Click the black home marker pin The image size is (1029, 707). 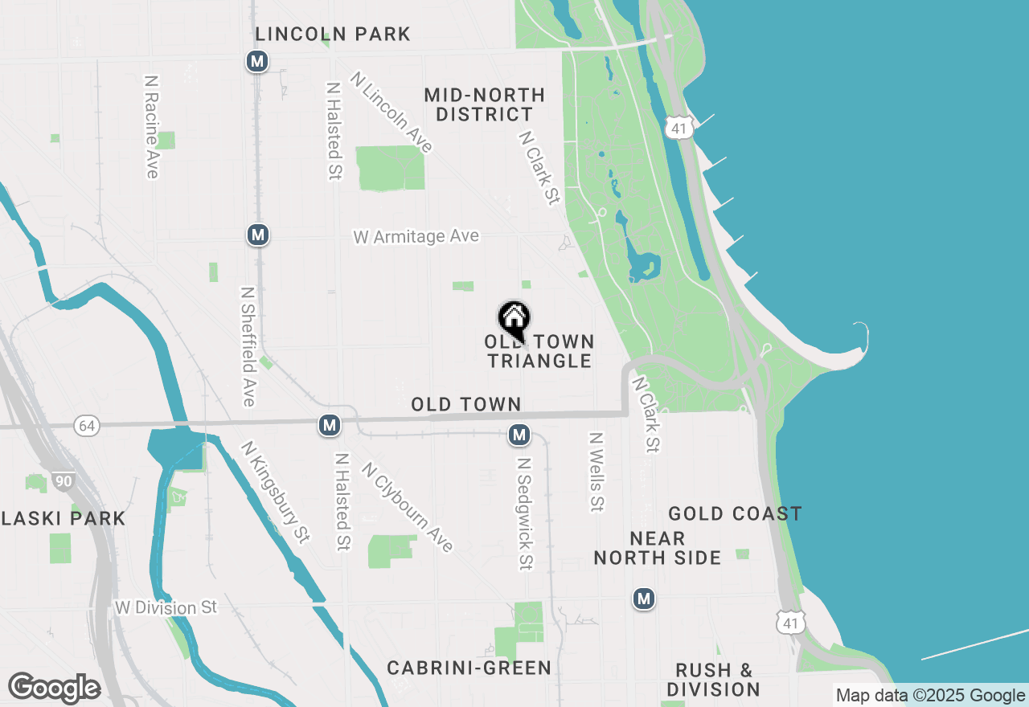click(x=514, y=318)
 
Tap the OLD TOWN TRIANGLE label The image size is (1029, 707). click(x=539, y=351)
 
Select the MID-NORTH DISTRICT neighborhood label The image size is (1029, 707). click(x=484, y=104)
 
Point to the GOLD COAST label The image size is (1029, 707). click(x=735, y=513)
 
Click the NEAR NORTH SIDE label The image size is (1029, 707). click(x=658, y=548)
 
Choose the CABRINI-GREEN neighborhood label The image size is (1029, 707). click(x=469, y=668)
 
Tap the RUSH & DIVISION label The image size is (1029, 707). click(x=713, y=680)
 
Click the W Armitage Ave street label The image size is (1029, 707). click(x=416, y=236)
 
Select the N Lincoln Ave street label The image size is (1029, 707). click(x=392, y=112)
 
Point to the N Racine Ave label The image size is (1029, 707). click(x=151, y=127)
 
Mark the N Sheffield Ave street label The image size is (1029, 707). click(x=248, y=346)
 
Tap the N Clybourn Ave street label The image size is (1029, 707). click(x=408, y=507)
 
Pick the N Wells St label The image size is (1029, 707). click(x=596, y=472)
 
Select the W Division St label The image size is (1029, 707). click(x=166, y=607)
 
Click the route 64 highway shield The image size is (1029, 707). click(x=87, y=426)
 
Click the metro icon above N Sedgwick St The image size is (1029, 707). click(x=519, y=435)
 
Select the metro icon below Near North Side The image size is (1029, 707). click(x=643, y=599)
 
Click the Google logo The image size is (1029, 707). click(x=54, y=688)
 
